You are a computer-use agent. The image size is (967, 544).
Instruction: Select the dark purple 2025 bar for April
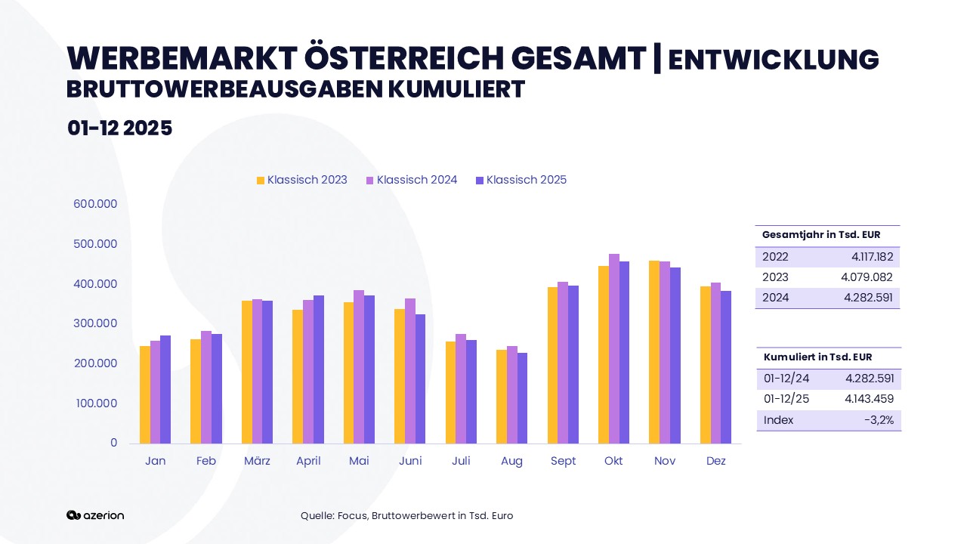pyautogui.click(x=319, y=369)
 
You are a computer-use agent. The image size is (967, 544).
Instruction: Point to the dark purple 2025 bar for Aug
pyautogui.click(x=522, y=398)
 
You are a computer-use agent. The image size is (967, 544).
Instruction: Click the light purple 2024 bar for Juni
pyautogui.click(x=410, y=371)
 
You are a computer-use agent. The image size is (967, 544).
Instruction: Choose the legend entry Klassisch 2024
pyautogui.click(x=412, y=180)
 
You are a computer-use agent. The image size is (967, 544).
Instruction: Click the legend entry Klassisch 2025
pyautogui.click(x=521, y=180)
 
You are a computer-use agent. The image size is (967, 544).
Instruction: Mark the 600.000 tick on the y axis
pyautogui.click(x=95, y=204)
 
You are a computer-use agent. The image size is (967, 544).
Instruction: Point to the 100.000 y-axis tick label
pyautogui.click(x=96, y=403)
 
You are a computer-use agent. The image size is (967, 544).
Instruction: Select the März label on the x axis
pyautogui.click(x=258, y=461)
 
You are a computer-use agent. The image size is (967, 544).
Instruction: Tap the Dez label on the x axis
pyautogui.click(x=715, y=461)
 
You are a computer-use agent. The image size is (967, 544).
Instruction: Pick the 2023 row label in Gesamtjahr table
pyautogui.click(x=775, y=277)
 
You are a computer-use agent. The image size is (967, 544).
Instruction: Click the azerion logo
pyautogui.click(x=95, y=515)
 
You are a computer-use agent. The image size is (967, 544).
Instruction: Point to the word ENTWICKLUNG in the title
pyautogui.click(x=774, y=59)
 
